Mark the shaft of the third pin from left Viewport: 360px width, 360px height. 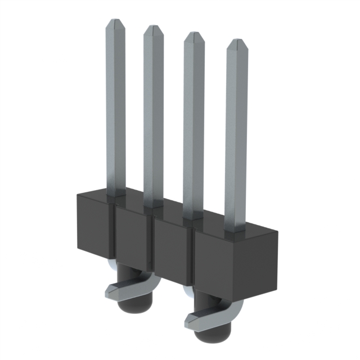pyautogui.click(x=193, y=124)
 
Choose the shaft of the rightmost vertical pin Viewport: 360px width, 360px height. pyautogui.click(x=236, y=135)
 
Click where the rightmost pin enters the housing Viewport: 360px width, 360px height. pyautogui.click(x=235, y=229)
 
